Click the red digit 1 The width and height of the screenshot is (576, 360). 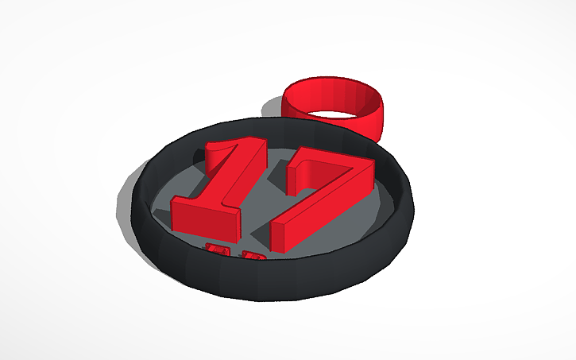(x=226, y=187)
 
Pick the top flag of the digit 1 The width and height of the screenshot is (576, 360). (x=226, y=151)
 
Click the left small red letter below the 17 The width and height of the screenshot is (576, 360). (x=215, y=251)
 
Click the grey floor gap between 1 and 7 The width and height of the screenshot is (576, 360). (x=266, y=199)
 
